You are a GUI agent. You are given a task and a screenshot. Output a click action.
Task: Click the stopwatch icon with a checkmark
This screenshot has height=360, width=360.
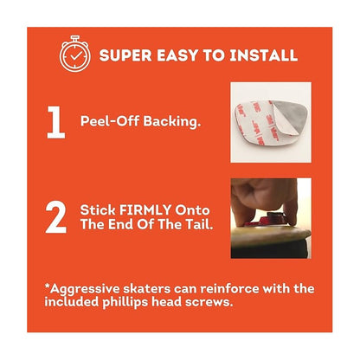(x=75, y=54)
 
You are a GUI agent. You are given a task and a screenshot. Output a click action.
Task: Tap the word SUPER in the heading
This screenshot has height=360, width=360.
(x=125, y=55)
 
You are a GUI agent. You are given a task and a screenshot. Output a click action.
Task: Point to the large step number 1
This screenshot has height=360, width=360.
(x=56, y=122)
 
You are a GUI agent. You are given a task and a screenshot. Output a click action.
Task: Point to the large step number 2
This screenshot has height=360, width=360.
(x=56, y=217)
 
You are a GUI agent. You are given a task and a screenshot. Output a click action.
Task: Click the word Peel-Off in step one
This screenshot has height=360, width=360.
(x=110, y=121)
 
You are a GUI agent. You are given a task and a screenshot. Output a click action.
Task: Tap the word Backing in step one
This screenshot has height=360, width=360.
(x=172, y=121)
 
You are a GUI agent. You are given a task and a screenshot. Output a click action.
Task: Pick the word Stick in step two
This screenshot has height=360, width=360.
(x=98, y=210)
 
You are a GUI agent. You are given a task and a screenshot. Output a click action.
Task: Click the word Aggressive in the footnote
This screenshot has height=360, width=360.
(x=82, y=289)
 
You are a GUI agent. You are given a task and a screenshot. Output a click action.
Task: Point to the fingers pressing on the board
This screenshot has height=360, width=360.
(x=263, y=199)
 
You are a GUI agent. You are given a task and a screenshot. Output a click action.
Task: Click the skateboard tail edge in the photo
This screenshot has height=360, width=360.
(x=271, y=235)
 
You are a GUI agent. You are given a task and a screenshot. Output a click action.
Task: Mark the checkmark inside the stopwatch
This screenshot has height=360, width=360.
(x=75, y=56)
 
